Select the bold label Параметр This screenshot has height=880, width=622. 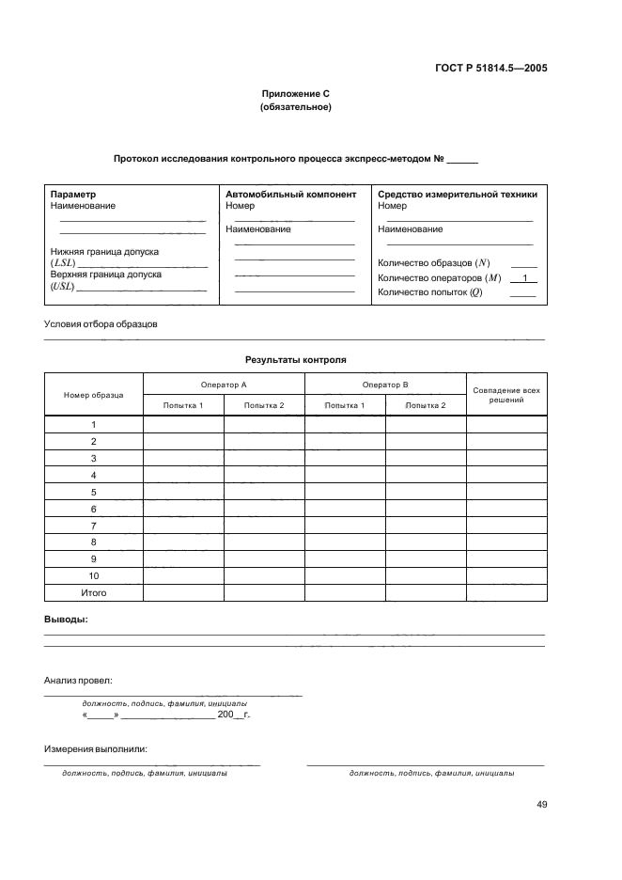(x=73, y=195)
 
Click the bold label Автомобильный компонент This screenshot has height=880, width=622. (x=291, y=195)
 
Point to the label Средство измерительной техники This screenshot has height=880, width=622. (x=458, y=195)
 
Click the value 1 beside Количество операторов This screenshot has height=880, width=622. (x=523, y=278)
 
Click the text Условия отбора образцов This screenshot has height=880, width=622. (x=101, y=324)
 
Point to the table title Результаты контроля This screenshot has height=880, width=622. (x=295, y=360)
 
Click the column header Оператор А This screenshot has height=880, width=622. (x=224, y=385)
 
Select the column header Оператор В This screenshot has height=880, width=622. (x=385, y=385)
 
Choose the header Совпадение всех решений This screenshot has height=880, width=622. (x=506, y=395)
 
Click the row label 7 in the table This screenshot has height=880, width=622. (x=94, y=526)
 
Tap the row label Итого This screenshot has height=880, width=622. (x=94, y=593)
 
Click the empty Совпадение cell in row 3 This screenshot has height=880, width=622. (x=506, y=458)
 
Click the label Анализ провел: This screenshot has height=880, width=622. (x=78, y=679)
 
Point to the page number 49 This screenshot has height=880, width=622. (x=542, y=805)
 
